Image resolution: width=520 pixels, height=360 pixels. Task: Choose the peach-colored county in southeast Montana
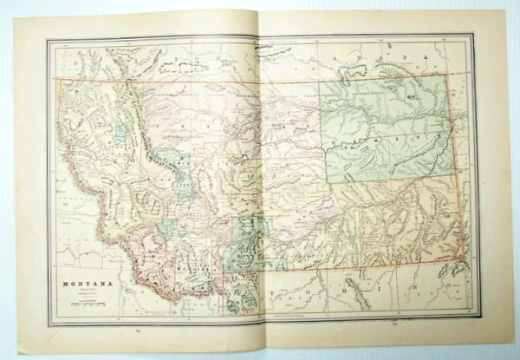coord(390,221)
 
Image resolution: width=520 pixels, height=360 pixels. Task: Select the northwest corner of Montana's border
coord(58,79)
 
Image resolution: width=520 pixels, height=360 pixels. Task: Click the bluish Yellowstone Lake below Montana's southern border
coord(238,295)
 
